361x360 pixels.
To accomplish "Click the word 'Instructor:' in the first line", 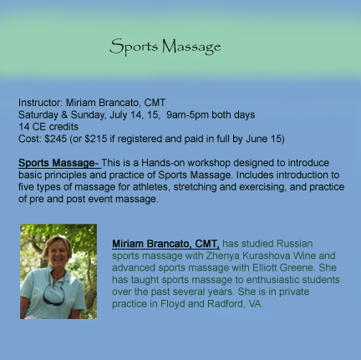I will [x=38, y=103].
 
